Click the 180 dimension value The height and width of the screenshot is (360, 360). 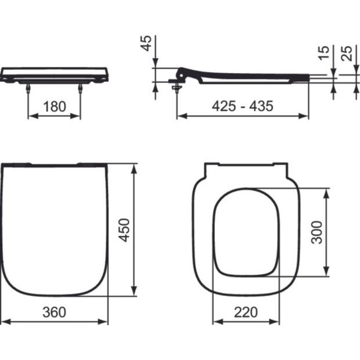[x=55, y=106]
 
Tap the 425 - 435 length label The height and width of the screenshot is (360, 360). [x=243, y=106]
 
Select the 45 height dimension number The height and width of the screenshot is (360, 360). [x=146, y=43]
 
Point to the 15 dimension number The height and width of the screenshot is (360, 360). [x=324, y=53]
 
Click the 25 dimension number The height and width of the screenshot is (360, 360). [x=347, y=53]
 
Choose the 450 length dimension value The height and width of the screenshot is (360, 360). [x=124, y=230]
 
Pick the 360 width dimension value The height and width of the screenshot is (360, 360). [x=54, y=312]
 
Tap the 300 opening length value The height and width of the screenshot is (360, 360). [x=316, y=232]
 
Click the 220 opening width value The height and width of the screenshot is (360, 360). [x=246, y=312]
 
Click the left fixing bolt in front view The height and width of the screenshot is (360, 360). [x=28, y=88]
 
